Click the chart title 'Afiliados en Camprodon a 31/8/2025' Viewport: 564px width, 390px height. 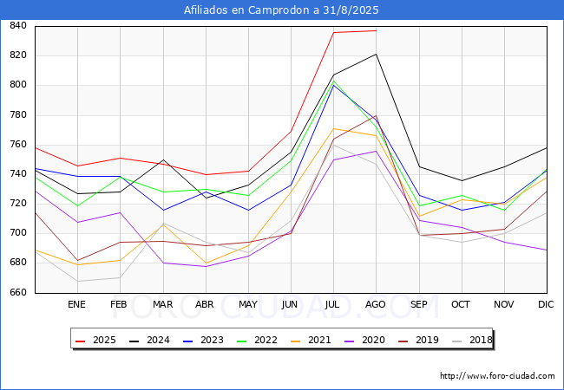click(x=281, y=10)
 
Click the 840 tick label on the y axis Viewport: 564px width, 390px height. click(x=17, y=26)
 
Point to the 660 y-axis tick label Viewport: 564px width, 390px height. click(x=17, y=293)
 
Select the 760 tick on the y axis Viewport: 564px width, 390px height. click(x=17, y=145)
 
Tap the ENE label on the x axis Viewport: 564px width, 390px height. click(x=77, y=304)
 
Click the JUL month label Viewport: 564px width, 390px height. click(x=332, y=304)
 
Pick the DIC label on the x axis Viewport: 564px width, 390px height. click(x=546, y=304)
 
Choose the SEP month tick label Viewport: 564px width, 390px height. click(x=418, y=304)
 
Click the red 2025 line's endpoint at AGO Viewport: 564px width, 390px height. click(x=376, y=30)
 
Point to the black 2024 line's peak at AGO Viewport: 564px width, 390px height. click(x=376, y=54)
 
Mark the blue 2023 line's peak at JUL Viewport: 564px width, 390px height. click(x=333, y=85)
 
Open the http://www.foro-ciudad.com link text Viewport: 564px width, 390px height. click(x=497, y=376)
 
